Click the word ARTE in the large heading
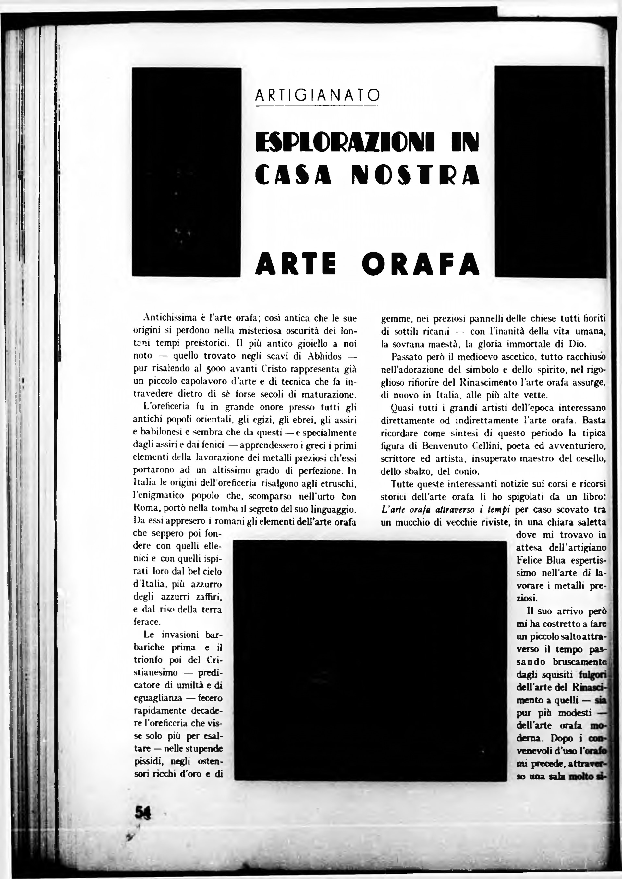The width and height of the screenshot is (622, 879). pyautogui.click(x=296, y=264)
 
